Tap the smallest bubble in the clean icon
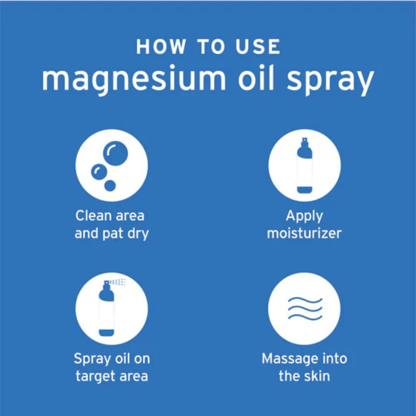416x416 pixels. (110, 185)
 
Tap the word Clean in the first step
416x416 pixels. (93, 215)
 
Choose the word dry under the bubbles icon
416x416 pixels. (137, 233)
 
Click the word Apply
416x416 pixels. (304, 216)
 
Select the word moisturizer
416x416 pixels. (304, 233)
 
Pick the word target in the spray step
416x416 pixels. (95, 376)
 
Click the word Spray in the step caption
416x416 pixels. (92, 359)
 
